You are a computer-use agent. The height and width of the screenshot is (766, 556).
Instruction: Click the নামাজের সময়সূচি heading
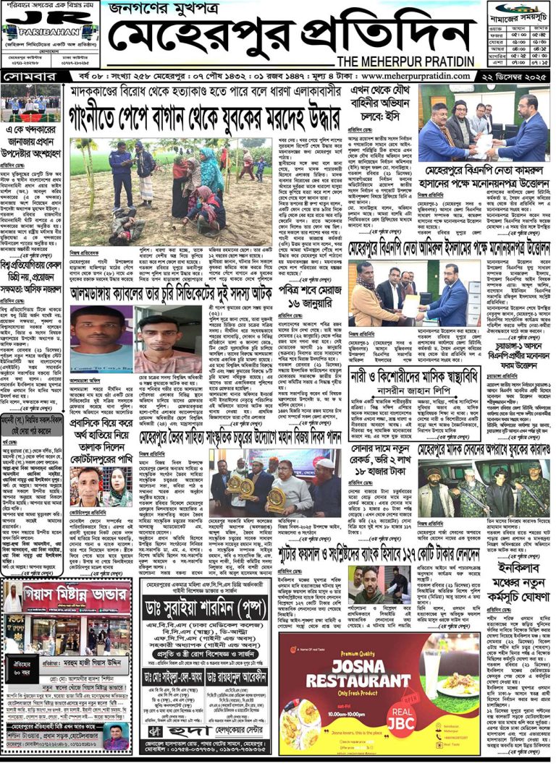point(517,12)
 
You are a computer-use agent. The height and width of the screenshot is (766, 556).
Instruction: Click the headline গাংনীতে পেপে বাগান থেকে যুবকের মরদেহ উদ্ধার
point(205,116)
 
